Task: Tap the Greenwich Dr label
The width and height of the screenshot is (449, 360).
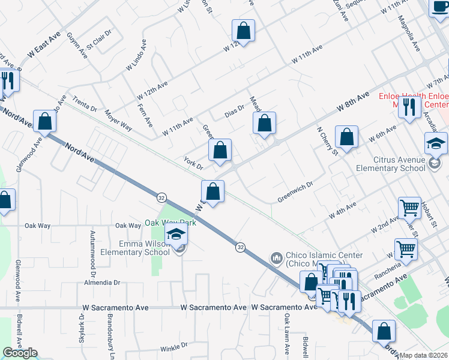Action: [296, 193]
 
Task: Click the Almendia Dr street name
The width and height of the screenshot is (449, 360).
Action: [102, 282]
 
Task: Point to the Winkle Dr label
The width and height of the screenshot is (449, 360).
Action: [174, 347]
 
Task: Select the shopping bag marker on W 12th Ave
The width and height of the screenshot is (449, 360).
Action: [243, 30]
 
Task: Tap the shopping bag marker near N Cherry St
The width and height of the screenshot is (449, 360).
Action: [346, 137]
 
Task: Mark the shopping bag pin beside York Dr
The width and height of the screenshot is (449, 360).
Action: [220, 150]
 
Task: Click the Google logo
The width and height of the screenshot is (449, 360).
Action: [20, 353]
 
